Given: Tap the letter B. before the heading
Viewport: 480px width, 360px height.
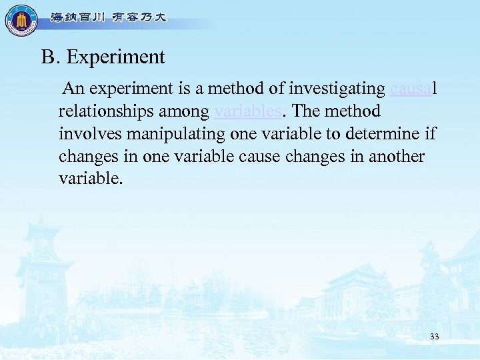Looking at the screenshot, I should coord(51,57).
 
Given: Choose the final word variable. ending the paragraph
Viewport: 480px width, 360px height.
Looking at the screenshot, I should coord(91,179).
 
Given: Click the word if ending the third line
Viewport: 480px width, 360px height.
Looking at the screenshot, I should coord(430,133).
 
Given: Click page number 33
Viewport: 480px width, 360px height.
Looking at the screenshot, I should coord(434,337).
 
